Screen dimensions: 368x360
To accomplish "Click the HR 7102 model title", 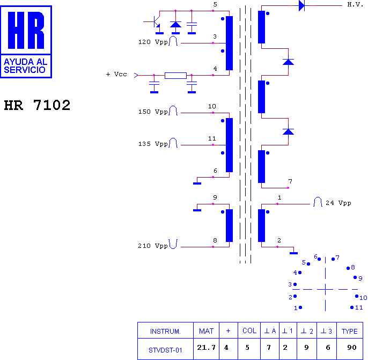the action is coord(37,105).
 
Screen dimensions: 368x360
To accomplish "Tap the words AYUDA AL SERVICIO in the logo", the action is coord(26,66).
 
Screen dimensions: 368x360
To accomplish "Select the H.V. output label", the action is coord(355,5).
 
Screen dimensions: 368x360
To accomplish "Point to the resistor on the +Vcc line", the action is coord(175,75).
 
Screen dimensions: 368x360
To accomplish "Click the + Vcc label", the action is coord(116,74).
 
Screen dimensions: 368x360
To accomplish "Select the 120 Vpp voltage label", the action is coord(153,42).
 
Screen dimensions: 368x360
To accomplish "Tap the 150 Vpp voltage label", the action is coord(153,112).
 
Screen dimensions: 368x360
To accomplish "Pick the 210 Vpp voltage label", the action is coord(153,246).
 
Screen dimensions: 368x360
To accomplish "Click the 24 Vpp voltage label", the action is coord(338,203).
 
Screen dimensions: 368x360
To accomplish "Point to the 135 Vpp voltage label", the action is coord(153,144).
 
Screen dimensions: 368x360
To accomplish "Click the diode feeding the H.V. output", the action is coord(302,5).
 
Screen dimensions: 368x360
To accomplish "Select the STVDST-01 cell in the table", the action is coord(165,350).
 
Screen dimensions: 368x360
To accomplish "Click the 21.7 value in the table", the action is coord(207,347).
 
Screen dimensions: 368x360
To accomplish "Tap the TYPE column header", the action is coord(349,331).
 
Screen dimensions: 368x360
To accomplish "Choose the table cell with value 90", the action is coord(352,347).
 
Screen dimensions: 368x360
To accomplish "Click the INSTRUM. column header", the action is coord(165,332).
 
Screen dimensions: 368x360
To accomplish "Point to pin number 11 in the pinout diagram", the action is coord(359,307).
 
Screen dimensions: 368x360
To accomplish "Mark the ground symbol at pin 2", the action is coord(293,253).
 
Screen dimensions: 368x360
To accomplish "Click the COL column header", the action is coord(249,330).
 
